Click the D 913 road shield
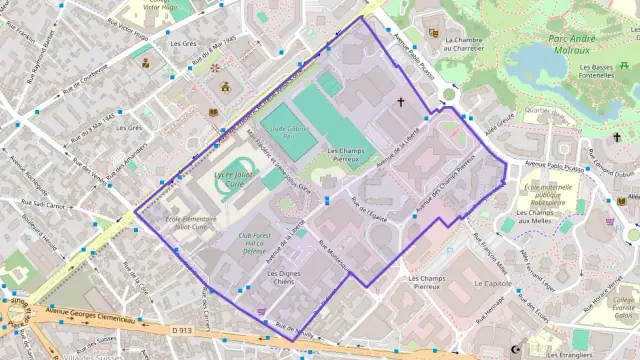tap(181, 329)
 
